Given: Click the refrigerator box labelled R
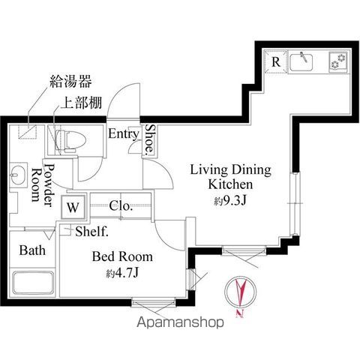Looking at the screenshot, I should click(x=276, y=62).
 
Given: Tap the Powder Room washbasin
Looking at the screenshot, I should click(x=19, y=177).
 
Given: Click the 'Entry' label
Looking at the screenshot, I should click(x=122, y=135).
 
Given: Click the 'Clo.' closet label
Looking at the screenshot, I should click(x=121, y=205).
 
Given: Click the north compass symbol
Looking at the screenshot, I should click(x=240, y=294).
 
